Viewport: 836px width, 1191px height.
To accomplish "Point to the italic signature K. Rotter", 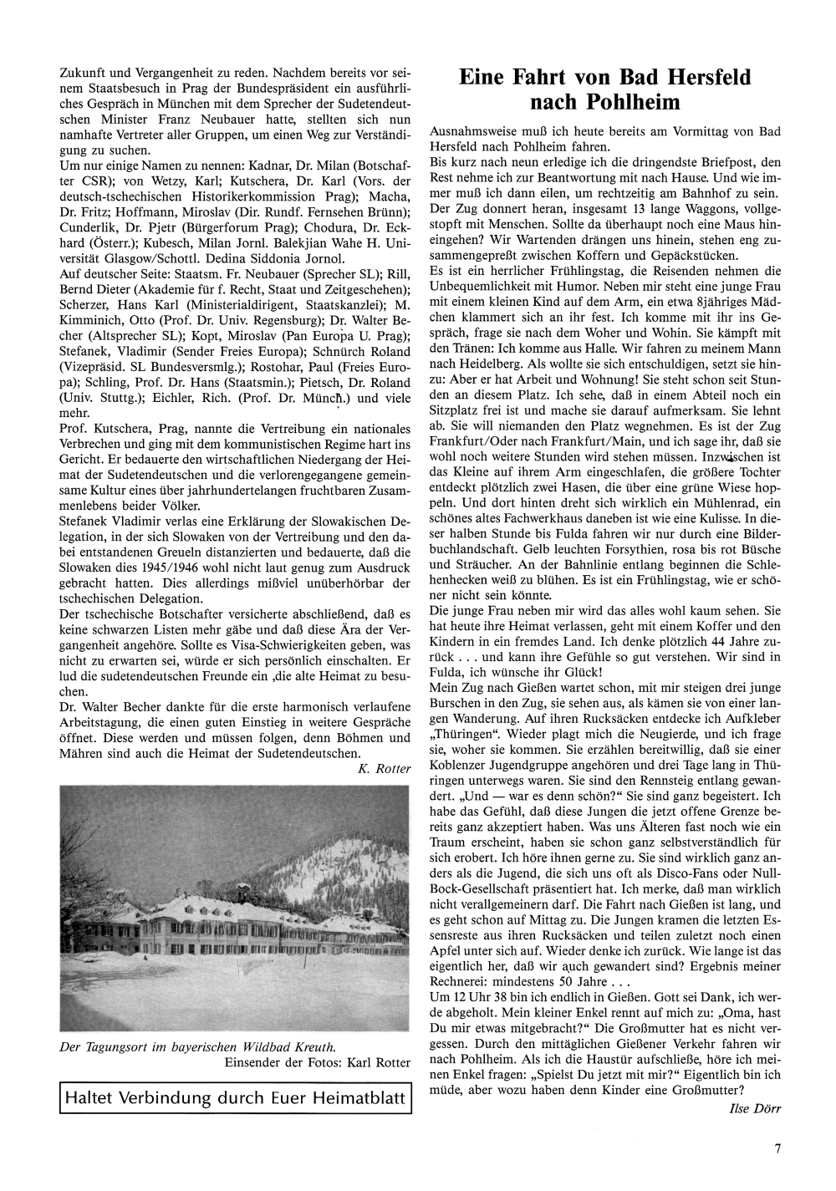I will (384, 769).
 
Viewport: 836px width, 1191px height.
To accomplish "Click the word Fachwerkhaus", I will (543, 518).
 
